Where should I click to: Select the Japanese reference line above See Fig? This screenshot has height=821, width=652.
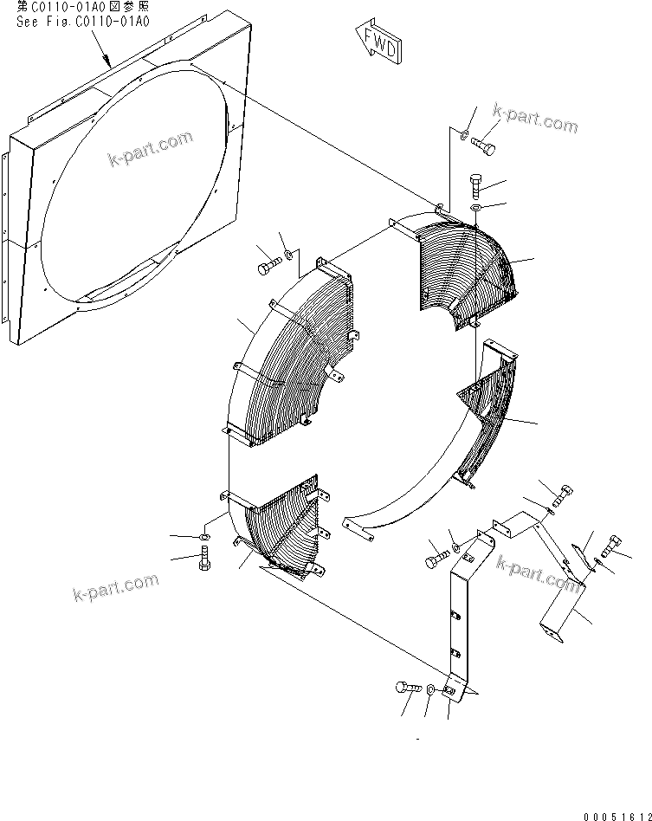pos(82,6)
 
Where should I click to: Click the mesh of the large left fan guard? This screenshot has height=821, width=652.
pos(286,364)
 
